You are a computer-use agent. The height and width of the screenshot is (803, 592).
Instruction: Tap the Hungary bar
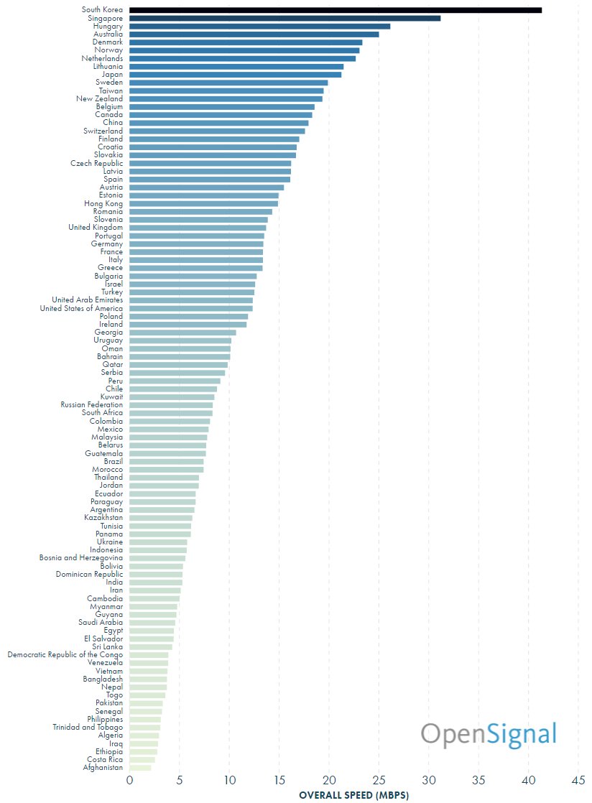click(259, 26)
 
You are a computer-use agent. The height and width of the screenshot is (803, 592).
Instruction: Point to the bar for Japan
click(235, 75)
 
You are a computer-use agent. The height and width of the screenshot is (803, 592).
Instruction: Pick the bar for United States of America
click(190, 309)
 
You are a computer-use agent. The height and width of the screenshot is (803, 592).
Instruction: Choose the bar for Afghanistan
click(140, 768)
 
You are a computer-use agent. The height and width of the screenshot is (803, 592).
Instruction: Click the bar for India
click(155, 582)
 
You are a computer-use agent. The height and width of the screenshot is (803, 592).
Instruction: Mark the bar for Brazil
click(166, 462)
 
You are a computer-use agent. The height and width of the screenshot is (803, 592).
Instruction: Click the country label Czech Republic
click(96, 163)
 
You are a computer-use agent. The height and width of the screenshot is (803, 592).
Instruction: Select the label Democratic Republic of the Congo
click(65, 655)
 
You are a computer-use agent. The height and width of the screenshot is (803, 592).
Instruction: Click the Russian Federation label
click(91, 405)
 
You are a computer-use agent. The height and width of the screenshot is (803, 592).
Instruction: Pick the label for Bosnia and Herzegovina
click(80, 558)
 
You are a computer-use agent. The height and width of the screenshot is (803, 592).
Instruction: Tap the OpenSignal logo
click(489, 734)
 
